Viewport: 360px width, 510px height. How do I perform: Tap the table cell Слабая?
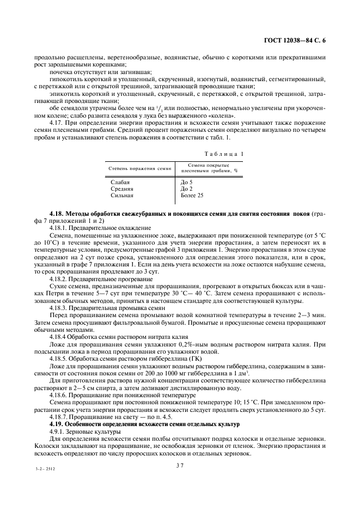[x=120, y=182]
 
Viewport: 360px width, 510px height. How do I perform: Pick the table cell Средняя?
[x=121, y=189]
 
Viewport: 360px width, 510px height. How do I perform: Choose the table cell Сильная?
[x=121, y=195]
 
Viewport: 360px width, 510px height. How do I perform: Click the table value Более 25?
[x=192, y=195]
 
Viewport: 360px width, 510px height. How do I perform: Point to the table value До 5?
[x=186, y=182]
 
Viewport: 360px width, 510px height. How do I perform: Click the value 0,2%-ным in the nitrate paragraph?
[x=196, y=344]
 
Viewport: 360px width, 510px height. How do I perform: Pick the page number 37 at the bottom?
[x=180, y=465]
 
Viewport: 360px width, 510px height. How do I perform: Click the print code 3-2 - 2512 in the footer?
[x=46, y=467]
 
